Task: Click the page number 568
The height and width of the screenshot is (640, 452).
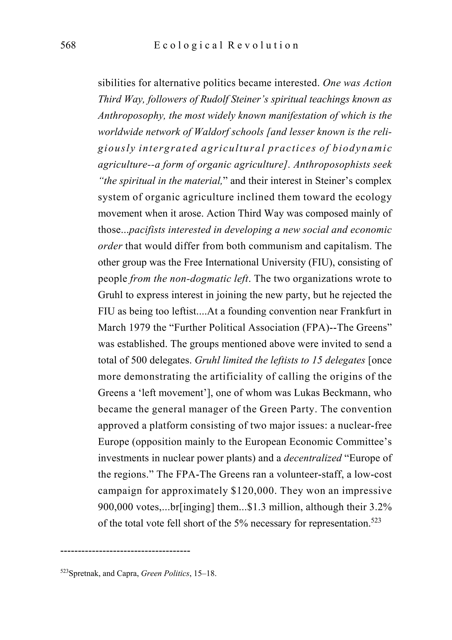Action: click(68, 45)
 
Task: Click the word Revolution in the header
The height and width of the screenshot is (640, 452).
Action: click(263, 45)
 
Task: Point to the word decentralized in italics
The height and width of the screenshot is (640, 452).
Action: click(313, 458)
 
